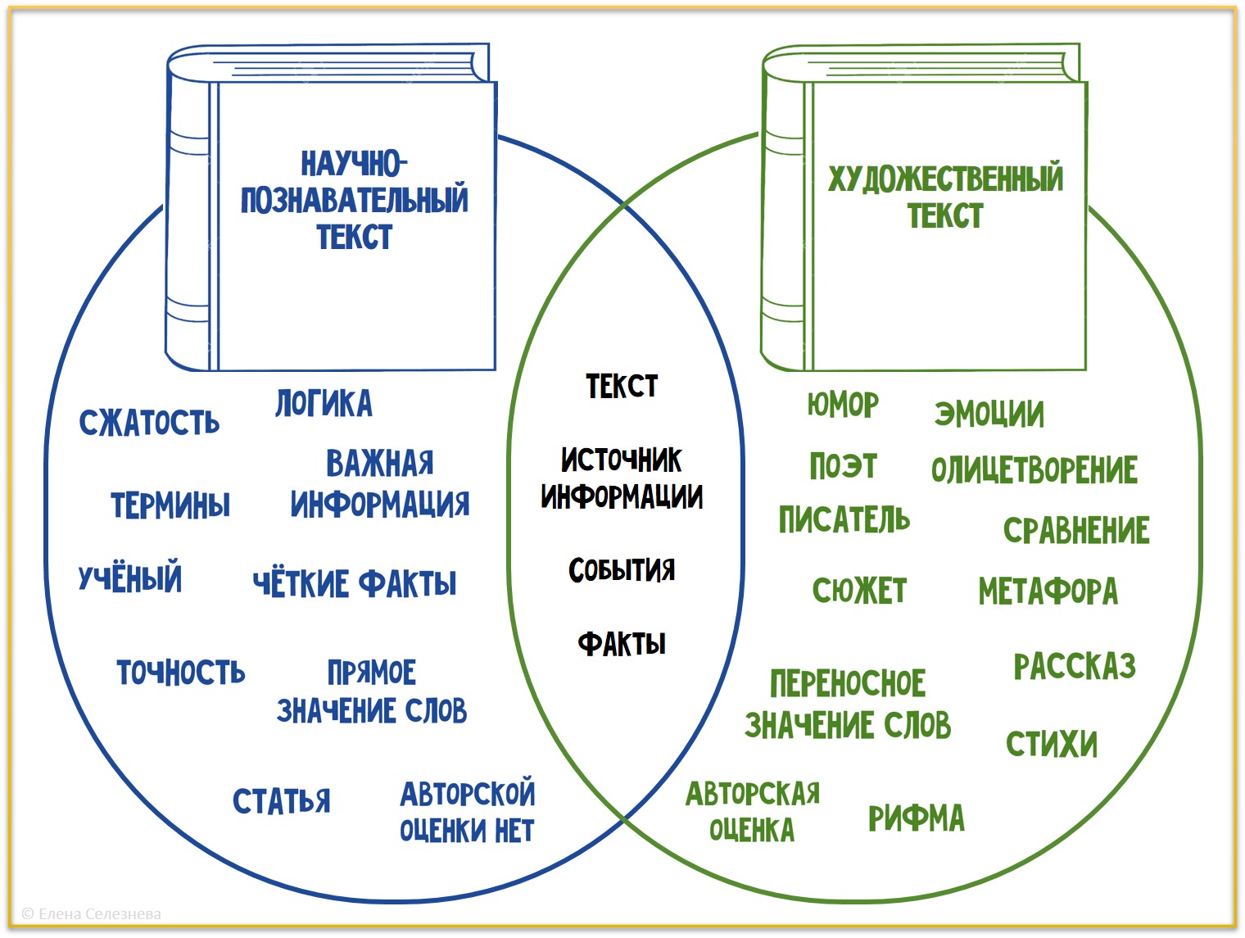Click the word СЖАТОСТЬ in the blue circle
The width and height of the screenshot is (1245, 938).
click(149, 423)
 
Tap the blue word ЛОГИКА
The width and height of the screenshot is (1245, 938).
click(324, 404)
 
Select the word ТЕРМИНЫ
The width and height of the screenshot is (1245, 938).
click(170, 505)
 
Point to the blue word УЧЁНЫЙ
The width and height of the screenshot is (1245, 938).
click(130, 578)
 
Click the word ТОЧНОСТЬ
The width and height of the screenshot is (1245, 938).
click(181, 673)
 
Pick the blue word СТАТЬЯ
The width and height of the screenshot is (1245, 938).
click(282, 801)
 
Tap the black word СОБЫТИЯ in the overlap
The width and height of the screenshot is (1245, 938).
click(622, 570)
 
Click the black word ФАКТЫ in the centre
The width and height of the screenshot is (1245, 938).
click(622, 644)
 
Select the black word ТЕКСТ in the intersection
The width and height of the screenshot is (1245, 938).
click(622, 386)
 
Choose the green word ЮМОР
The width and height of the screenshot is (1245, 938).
click(843, 405)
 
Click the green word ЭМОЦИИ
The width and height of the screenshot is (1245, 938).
click(989, 415)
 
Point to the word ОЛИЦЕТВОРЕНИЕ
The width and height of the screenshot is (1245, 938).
click(1034, 470)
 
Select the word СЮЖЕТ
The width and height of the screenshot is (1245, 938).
click(860, 591)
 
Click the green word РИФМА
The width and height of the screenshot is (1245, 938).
click(917, 818)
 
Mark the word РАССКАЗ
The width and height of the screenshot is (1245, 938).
click(1075, 667)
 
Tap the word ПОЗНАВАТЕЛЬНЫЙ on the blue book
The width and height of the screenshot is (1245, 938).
click(355, 200)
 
